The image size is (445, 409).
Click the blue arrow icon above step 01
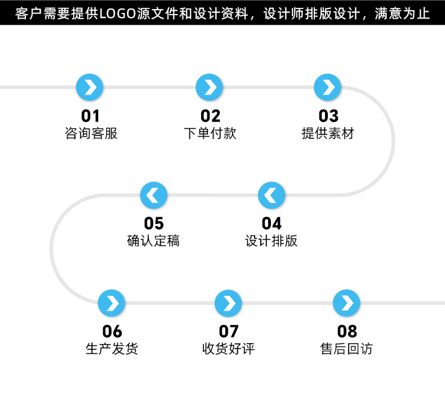(x=90, y=87)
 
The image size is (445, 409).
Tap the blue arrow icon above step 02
(x=210, y=87)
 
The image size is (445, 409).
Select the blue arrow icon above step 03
(x=328, y=87)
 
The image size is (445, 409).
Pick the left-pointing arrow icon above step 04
(x=272, y=195)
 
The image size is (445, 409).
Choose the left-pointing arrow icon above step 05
(x=154, y=195)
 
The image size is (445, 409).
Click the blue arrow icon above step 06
(x=112, y=303)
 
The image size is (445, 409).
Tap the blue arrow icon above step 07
(x=229, y=303)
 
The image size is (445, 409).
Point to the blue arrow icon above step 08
(x=347, y=303)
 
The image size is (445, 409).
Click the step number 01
(x=90, y=116)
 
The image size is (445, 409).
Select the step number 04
(x=272, y=224)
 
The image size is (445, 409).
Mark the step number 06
(x=112, y=331)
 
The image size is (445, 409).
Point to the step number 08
(x=347, y=331)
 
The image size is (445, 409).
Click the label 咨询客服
(x=91, y=133)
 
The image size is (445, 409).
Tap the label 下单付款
(x=210, y=133)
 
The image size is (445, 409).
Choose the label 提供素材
(x=328, y=133)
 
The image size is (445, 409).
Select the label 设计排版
(x=272, y=241)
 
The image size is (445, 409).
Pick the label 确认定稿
(x=154, y=241)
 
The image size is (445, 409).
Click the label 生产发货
(x=112, y=349)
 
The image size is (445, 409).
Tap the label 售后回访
(x=347, y=349)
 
